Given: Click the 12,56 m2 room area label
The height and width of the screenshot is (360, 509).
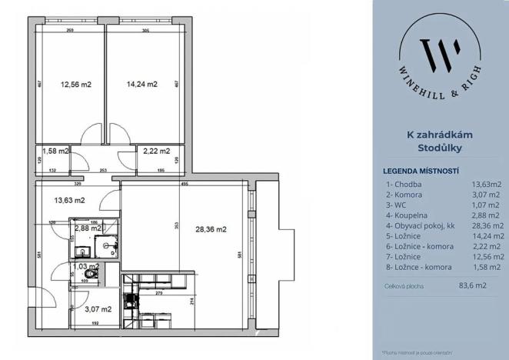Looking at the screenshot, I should click(x=75, y=85).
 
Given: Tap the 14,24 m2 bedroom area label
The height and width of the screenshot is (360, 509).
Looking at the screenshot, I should click(x=141, y=85).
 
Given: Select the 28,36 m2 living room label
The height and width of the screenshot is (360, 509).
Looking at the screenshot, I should click(x=211, y=228).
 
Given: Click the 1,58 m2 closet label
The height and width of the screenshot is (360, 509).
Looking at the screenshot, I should click(x=55, y=152).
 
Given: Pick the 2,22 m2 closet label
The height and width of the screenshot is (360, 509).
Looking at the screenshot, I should click(x=157, y=152).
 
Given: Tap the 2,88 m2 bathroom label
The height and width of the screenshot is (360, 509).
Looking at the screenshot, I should click(x=88, y=228).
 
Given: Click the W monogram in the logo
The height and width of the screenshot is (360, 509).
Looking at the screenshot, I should click(x=441, y=53).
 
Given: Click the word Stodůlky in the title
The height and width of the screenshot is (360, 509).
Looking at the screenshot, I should click(x=440, y=148).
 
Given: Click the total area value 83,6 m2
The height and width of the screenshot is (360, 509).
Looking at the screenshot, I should click(x=473, y=285).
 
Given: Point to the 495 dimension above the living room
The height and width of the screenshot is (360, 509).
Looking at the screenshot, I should click(x=185, y=185).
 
